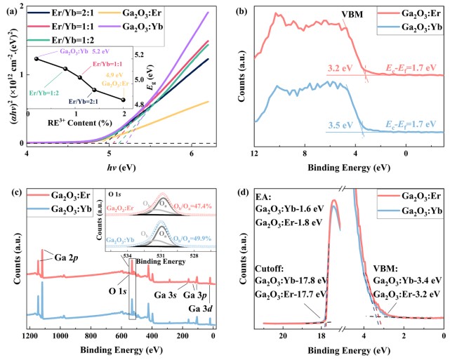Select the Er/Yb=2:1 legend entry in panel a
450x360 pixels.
[63, 11]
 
